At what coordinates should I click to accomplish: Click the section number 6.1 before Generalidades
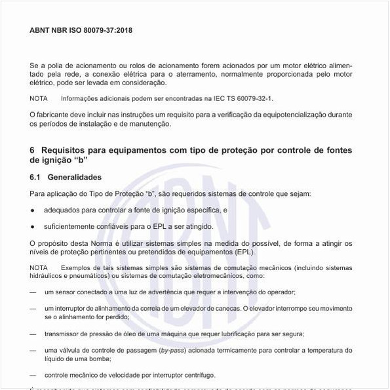(35, 178)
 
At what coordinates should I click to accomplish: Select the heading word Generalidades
(75, 178)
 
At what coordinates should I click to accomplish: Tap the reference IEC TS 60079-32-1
(239, 98)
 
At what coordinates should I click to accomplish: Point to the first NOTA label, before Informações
(39, 98)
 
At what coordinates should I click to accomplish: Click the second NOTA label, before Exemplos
(39, 268)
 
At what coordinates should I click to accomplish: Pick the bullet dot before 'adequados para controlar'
(33, 210)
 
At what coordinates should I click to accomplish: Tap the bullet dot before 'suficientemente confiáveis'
(33, 227)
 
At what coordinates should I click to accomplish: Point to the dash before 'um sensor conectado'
(33, 292)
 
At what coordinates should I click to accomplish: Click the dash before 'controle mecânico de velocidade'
(33, 376)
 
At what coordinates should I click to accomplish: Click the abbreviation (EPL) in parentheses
(244, 252)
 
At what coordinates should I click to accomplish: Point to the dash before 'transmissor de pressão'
(33, 334)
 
